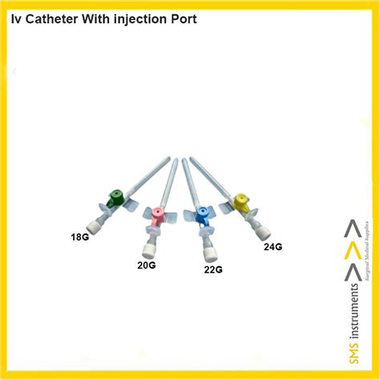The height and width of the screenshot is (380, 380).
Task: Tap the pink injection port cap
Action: coord(160,213)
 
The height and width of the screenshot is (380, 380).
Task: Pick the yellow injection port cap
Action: coord(241,200)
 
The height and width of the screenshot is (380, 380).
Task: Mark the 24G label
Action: coord(273,246)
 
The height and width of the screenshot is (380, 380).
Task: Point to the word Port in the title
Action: coord(179,17)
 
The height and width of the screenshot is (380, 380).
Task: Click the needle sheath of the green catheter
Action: coord(149,175)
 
